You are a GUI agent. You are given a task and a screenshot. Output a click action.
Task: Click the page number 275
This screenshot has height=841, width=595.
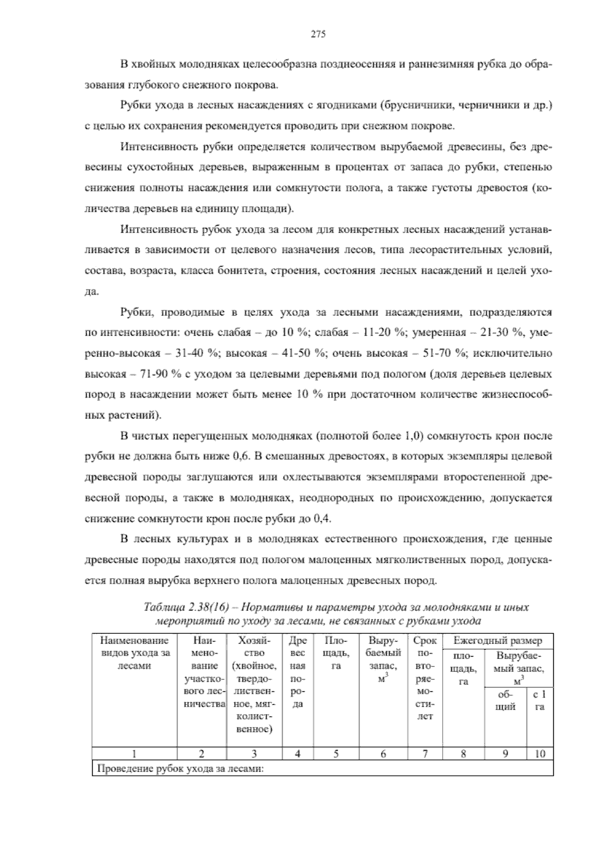tap(318, 34)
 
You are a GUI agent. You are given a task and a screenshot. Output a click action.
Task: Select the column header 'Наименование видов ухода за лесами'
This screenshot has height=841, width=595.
tap(134, 654)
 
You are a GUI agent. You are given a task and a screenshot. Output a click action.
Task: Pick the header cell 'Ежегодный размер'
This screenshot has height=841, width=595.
tap(497, 641)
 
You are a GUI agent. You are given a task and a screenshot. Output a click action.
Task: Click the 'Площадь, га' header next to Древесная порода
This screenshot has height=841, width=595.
tap(336, 654)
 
